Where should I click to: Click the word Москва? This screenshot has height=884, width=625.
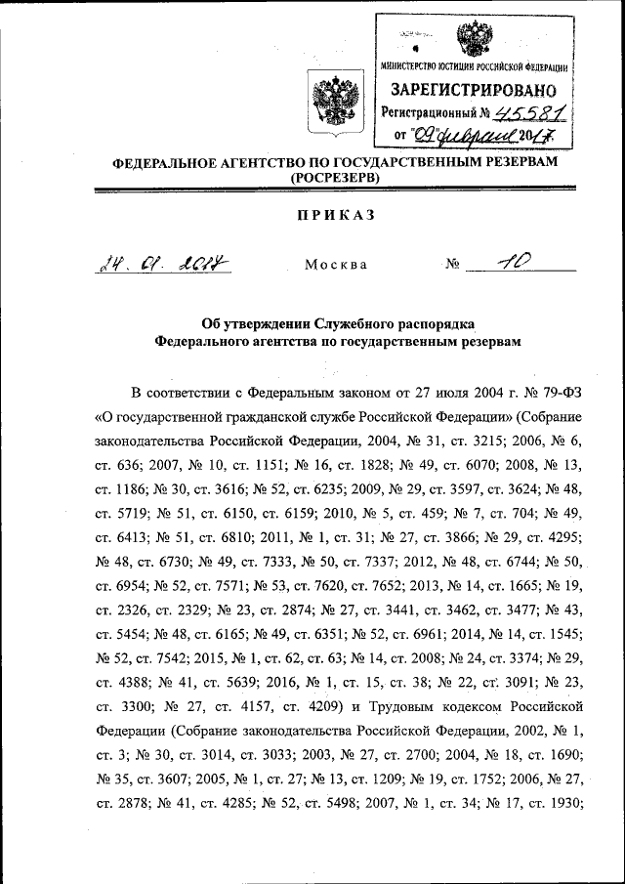pos(336,264)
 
